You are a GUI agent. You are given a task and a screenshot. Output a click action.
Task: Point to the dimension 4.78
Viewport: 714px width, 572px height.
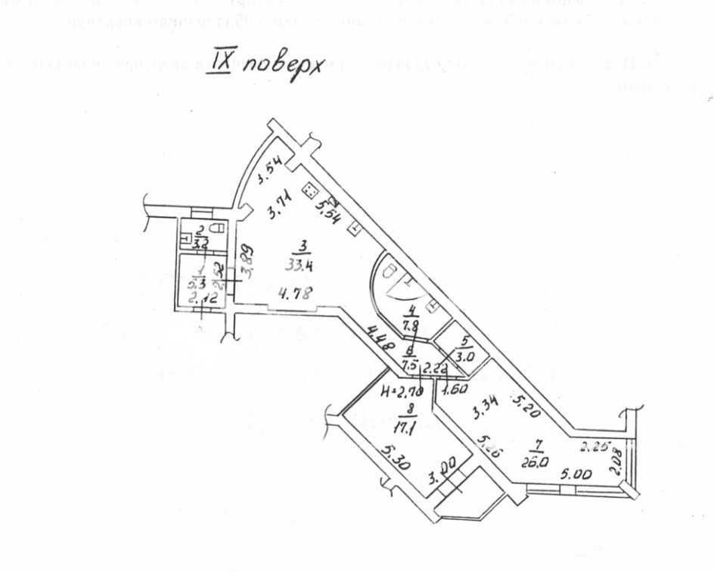click(x=296, y=293)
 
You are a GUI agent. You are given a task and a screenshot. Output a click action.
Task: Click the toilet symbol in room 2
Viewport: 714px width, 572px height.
click(x=218, y=230)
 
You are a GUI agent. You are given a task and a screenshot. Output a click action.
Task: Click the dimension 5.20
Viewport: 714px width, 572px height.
click(x=525, y=407)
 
